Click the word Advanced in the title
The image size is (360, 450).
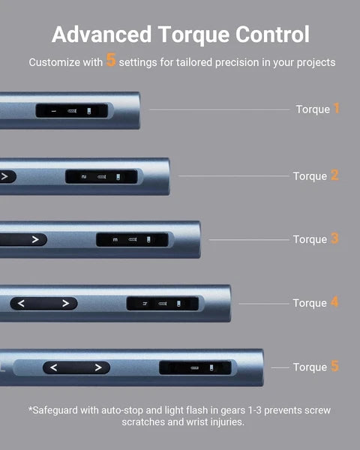(102, 34)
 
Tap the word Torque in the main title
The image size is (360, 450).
(193, 35)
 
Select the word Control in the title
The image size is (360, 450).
(272, 34)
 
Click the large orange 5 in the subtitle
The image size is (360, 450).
(111, 60)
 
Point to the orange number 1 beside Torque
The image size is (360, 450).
(337, 109)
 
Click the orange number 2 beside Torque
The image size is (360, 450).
(334, 175)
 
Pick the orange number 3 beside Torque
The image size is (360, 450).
(334, 238)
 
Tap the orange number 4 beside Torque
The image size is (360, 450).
(334, 302)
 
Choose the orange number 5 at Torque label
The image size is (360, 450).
(334, 366)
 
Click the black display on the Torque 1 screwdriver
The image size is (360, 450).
(72, 111)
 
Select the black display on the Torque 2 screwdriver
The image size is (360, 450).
(101, 176)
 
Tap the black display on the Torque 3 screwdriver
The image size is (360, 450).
(132, 240)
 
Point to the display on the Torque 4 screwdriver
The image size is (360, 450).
(163, 304)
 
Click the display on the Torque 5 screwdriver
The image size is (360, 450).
(195, 367)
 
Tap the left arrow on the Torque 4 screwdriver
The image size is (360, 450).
(21, 303)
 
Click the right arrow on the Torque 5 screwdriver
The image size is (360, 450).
(98, 367)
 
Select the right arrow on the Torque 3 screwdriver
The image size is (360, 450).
(35, 239)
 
